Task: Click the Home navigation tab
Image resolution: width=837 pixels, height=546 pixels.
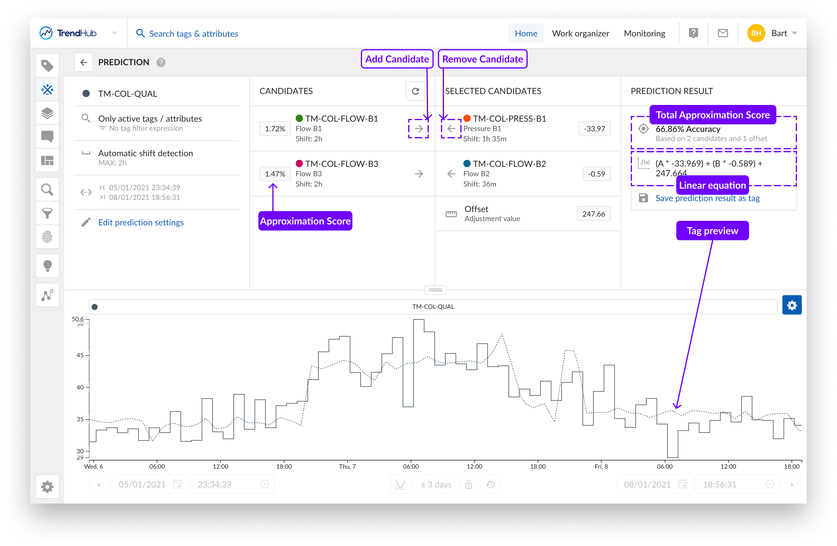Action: click(x=526, y=33)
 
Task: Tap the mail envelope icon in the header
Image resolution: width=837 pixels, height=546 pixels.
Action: click(x=723, y=33)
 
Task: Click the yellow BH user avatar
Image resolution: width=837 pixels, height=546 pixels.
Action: click(x=756, y=33)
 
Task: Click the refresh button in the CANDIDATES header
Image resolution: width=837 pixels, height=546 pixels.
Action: click(x=415, y=91)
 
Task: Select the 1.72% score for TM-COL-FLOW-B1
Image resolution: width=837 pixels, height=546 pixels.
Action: click(x=275, y=129)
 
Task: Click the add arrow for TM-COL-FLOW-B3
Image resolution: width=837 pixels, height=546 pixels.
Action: click(x=419, y=174)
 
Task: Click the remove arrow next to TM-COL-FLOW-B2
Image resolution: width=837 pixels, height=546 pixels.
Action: click(x=451, y=174)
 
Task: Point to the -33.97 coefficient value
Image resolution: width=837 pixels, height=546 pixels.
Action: click(x=594, y=129)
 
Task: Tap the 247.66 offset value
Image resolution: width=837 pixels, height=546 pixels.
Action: click(x=594, y=214)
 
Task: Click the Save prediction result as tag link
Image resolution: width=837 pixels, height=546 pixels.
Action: click(x=707, y=198)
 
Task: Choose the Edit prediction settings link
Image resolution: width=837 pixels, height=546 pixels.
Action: click(x=141, y=222)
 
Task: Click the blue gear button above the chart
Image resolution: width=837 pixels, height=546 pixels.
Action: click(x=792, y=305)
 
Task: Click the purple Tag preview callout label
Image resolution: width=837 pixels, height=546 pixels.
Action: click(x=712, y=231)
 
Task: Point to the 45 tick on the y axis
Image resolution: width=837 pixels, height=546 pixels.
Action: click(x=80, y=355)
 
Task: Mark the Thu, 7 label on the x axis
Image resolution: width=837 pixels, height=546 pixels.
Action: click(x=347, y=467)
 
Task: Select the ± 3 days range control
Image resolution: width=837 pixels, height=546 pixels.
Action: click(x=436, y=484)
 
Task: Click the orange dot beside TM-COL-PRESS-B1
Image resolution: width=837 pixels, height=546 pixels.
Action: click(x=467, y=119)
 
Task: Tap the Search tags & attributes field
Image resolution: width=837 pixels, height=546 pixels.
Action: click(x=193, y=34)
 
